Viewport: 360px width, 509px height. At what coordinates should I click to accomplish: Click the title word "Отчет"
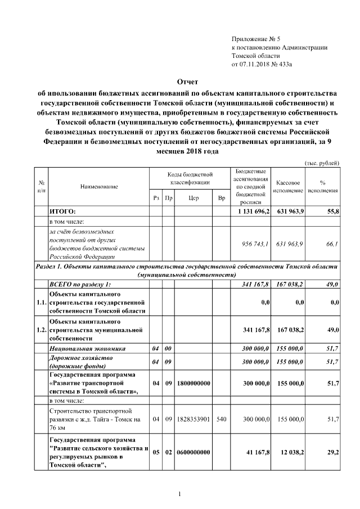point(179,83)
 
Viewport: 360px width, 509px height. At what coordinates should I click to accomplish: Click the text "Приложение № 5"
point(255,39)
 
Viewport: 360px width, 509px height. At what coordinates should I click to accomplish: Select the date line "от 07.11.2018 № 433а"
point(262,65)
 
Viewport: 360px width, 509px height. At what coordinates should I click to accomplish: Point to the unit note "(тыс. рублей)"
point(322,163)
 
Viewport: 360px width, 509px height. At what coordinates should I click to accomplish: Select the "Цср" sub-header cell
point(194,198)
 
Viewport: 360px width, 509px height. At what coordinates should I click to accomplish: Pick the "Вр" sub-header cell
point(222,198)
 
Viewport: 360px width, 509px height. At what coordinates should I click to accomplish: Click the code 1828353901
point(193,420)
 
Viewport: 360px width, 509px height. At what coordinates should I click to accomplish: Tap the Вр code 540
point(221,420)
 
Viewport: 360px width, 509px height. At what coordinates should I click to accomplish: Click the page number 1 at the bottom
point(179,494)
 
